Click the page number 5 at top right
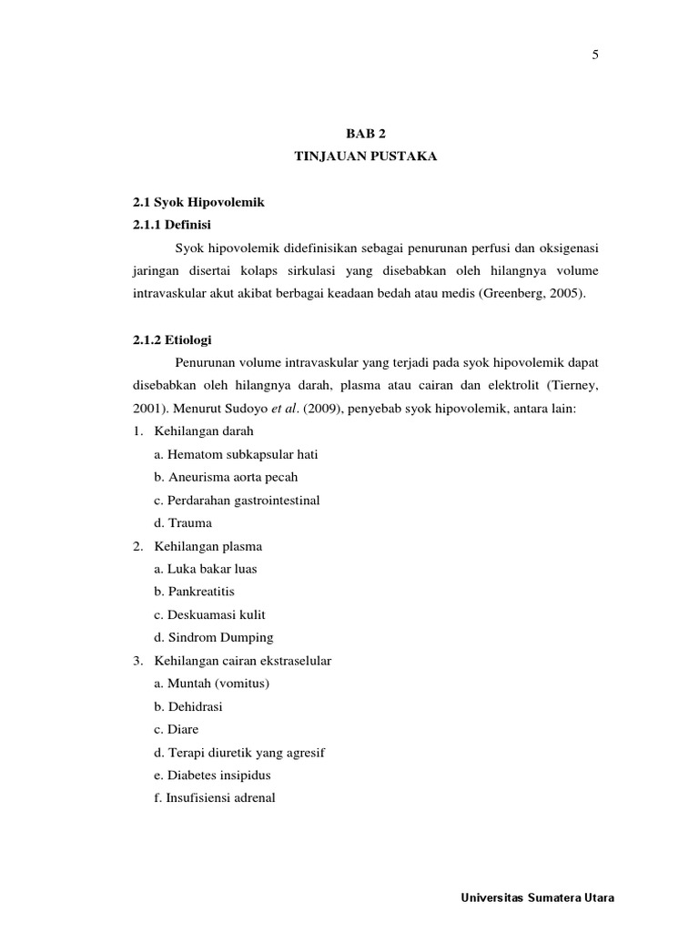tap(595, 55)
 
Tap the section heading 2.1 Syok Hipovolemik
tap(198, 202)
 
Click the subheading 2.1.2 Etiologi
tap(172, 339)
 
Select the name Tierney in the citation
tap(572, 386)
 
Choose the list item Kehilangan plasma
tap(208, 546)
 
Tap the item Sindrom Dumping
tap(214, 638)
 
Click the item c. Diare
tap(176, 730)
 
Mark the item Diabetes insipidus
tap(213, 775)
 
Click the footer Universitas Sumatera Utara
tap(539, 897)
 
